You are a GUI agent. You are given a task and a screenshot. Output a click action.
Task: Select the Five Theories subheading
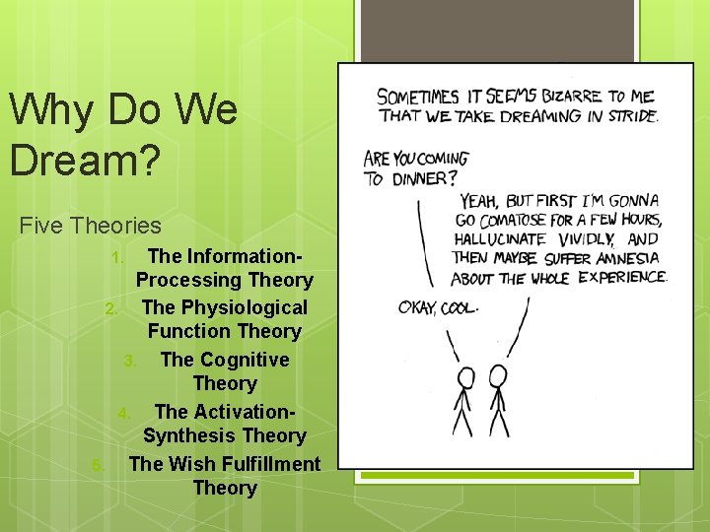(90, 226)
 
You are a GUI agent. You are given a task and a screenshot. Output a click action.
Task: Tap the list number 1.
(116, 258)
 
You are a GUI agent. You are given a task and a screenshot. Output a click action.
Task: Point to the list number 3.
(130, 362)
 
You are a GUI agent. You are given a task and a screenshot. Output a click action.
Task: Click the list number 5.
(97, 465)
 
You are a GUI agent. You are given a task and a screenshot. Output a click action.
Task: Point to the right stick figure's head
(498, 374)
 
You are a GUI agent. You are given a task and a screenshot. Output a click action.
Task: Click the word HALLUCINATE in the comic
(499, 238)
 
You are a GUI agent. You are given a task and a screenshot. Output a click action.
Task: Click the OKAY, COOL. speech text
(438, 308)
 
